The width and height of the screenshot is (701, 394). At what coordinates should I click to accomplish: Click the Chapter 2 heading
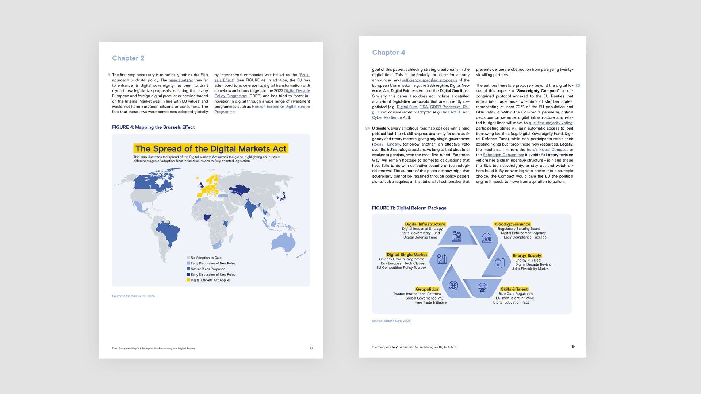coord(128,58)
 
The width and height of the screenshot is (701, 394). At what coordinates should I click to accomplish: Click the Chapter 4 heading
coord(388,53)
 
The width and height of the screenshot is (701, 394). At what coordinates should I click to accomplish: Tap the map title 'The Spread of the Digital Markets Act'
coord(211,148)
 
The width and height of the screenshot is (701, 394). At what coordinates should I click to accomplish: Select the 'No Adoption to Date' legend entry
coord(206,258)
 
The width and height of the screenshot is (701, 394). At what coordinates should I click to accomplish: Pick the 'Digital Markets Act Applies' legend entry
coord(210,280)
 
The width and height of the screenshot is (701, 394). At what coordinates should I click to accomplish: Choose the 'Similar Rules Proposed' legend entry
coord(207,269)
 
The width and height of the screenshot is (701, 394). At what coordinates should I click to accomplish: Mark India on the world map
coord(250,208)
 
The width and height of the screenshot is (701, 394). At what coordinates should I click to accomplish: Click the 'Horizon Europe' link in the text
coord(265,107)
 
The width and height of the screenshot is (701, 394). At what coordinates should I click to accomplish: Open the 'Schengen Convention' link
coord(503,155)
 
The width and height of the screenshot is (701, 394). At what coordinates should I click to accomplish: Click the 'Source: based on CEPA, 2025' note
coord(134,296)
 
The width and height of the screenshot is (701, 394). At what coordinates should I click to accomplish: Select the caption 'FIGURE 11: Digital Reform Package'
coord(409,208)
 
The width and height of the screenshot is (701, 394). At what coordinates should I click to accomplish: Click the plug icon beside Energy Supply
coord(499,262)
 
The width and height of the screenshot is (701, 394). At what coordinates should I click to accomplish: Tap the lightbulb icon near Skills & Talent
coord(482,287)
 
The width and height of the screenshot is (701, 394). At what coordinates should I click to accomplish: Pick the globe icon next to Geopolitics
coord(453,286)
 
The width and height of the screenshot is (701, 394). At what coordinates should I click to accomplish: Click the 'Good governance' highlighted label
coord(512,224)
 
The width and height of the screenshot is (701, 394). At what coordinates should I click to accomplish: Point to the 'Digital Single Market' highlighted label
coord(406,254)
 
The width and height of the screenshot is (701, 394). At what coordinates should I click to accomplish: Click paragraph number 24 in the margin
coord(367,128)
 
